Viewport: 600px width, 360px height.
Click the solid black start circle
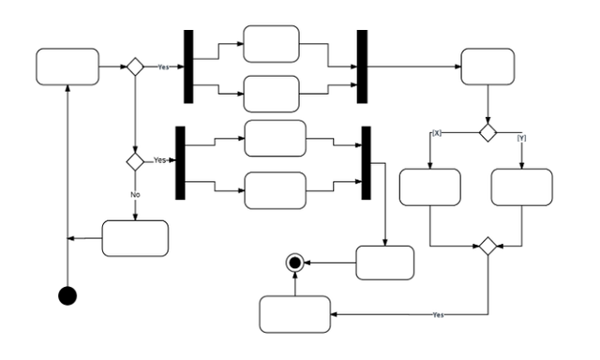(x=67, y=295)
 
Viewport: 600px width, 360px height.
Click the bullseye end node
(x=295, y=263)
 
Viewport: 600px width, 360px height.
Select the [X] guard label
(x=436, y=134)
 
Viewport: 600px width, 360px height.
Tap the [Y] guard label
(x=521, y=138)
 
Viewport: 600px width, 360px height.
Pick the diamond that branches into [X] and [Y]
(x=487, y=133)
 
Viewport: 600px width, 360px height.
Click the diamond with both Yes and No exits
(x=135, y=161)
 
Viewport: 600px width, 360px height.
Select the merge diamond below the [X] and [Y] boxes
(x=487, y=247)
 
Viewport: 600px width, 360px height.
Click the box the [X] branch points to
(x=429, y=187)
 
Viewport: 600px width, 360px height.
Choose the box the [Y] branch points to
(x=522, y=187)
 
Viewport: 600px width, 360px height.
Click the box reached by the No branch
(x=135, y=238)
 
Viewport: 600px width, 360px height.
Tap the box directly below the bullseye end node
(x=294, y=314)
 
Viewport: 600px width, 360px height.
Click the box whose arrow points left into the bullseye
(x=384, y=262)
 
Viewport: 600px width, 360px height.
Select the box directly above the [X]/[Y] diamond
(x=487, y=67)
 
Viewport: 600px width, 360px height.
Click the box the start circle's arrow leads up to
(x=67, y=67)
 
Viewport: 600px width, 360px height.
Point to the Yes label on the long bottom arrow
(x=438, y=315)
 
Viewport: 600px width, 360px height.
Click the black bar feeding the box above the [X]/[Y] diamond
(x=362, y=67)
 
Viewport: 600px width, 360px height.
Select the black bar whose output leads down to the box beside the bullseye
(x=367, y=162)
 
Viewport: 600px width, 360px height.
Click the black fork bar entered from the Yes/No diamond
(x=181, y=162)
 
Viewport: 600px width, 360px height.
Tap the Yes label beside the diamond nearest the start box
(x=163, y=67)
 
